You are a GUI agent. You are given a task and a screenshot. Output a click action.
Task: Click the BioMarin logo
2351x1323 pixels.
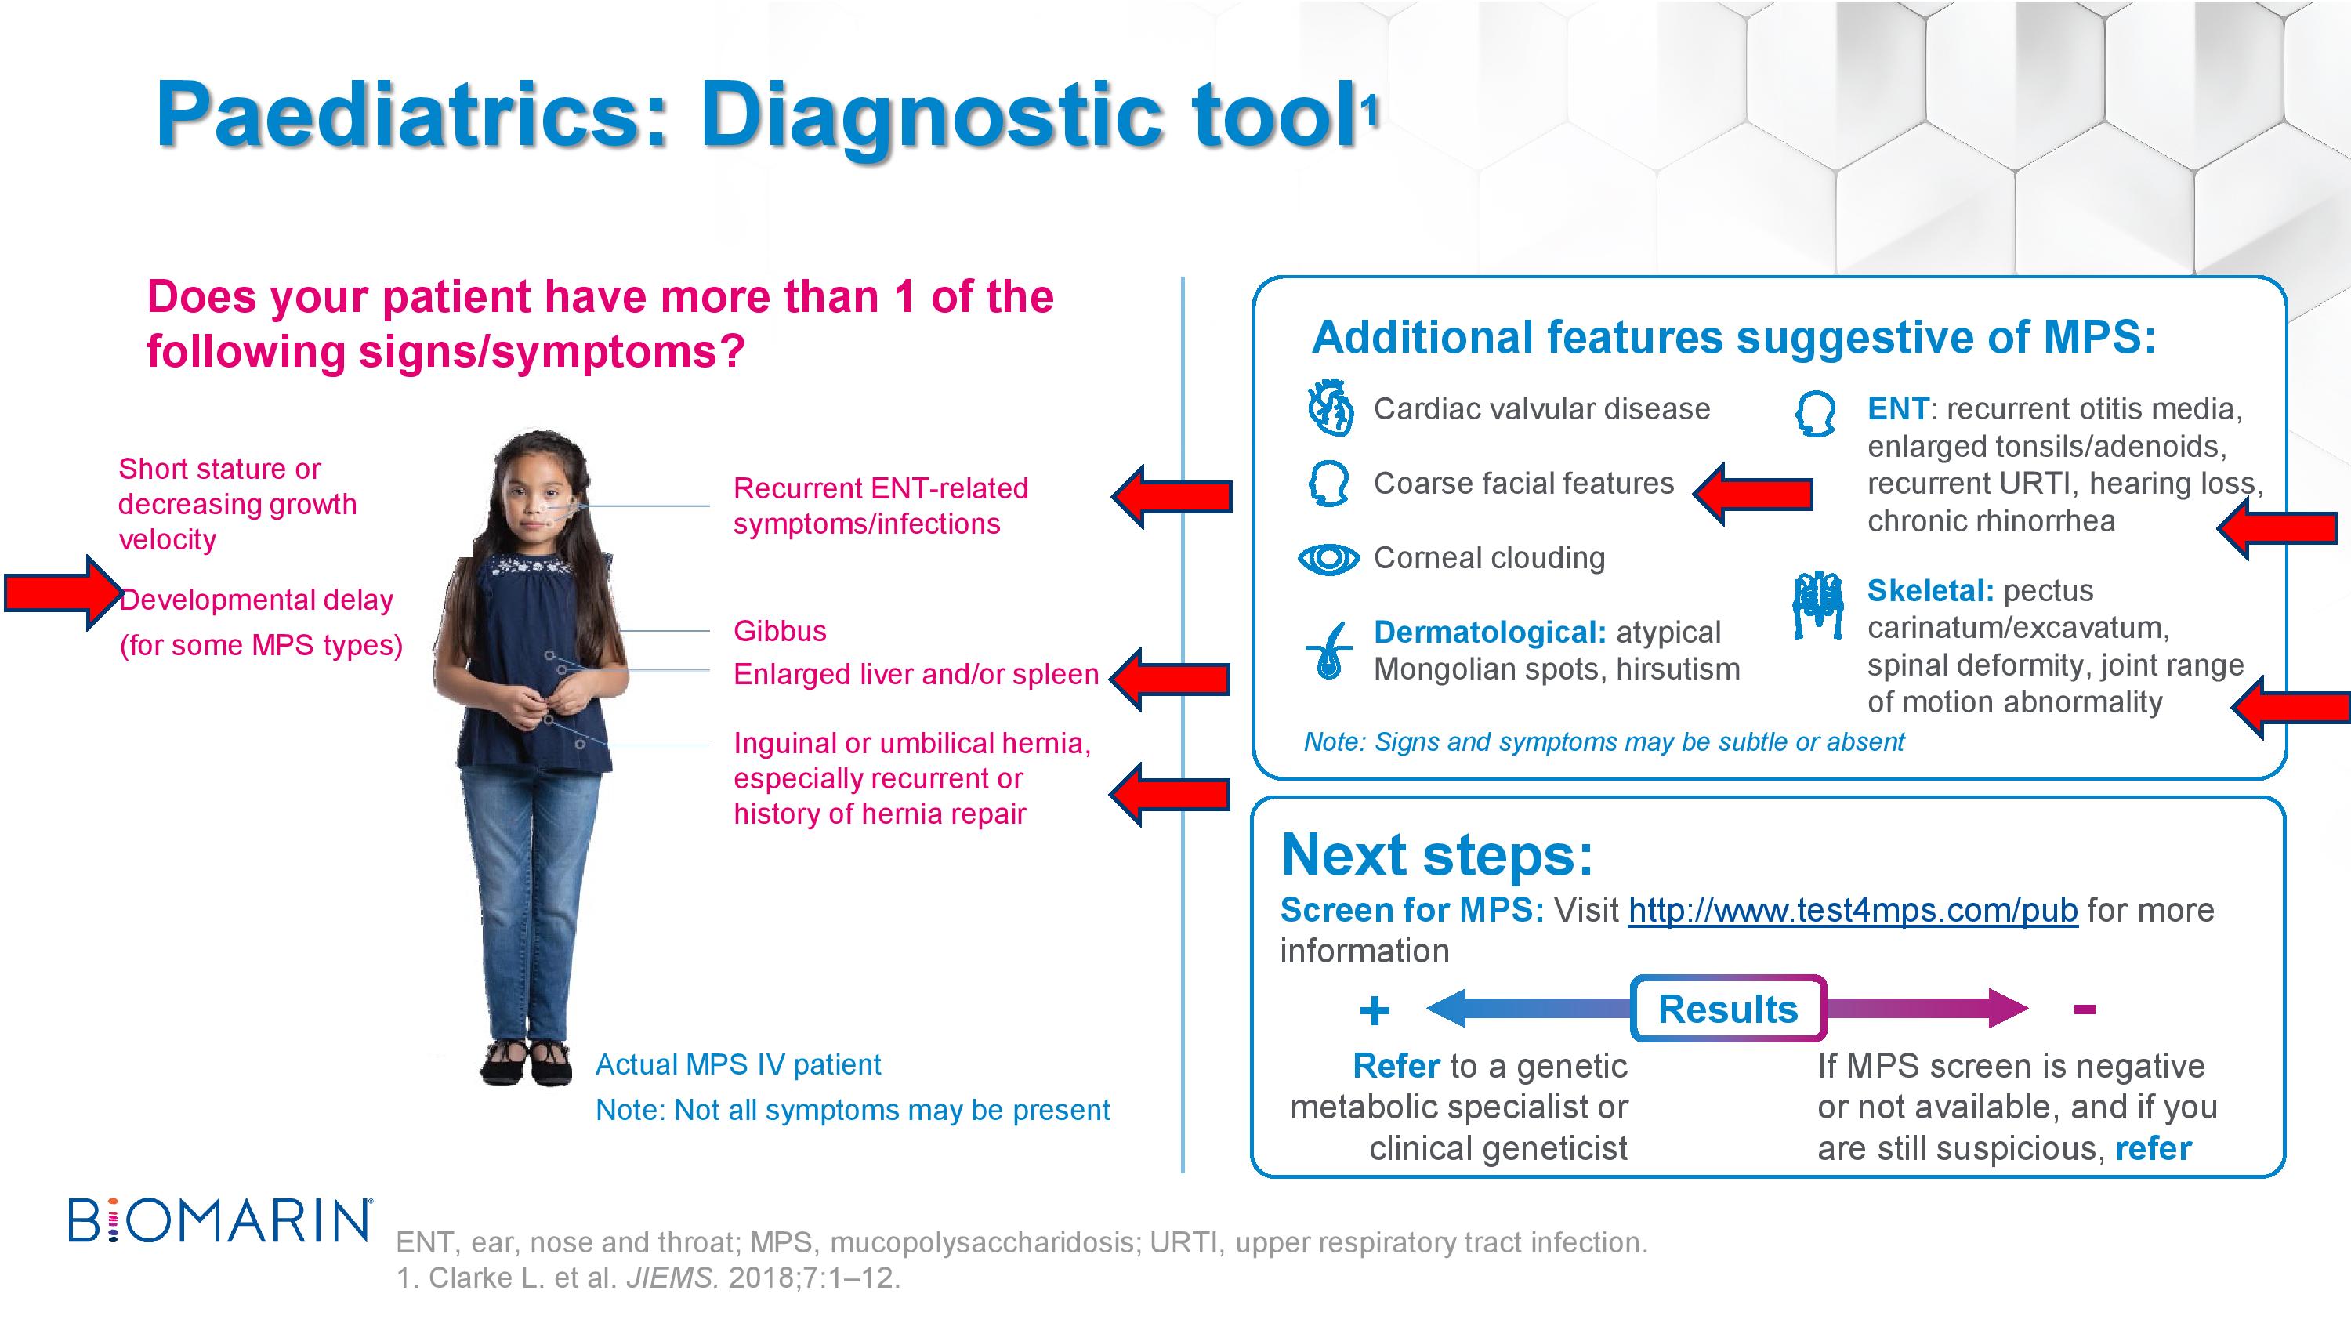click(220, 1221)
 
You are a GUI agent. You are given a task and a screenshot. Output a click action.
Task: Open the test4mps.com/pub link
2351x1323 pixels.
click(1853, 910)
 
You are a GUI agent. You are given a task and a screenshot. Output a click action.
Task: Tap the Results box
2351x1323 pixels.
click(1728, 1009)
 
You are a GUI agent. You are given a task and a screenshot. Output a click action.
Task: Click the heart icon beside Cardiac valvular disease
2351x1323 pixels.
click(1330, 408)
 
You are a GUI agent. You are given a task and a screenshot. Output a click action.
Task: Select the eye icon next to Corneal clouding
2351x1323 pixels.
click(1329, 558)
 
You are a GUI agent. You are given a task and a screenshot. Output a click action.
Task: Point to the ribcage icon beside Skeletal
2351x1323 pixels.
click(1818, 605)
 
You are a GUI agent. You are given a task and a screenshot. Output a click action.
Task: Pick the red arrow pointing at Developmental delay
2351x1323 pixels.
click(63, 593)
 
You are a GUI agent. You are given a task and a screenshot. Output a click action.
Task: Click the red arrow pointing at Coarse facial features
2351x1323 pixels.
click(1752, 494)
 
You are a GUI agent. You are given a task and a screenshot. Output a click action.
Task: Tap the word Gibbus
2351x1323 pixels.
click(780, 631)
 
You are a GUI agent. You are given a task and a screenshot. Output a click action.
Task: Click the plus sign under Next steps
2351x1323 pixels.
click(1375, 1011)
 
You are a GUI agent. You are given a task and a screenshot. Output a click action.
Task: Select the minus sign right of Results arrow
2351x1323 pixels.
click(2084, 1009)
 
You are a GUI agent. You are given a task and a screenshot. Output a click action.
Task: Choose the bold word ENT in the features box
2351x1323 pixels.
click(1897, 409)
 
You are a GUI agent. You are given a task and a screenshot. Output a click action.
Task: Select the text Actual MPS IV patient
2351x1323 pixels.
click(737, 1064)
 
